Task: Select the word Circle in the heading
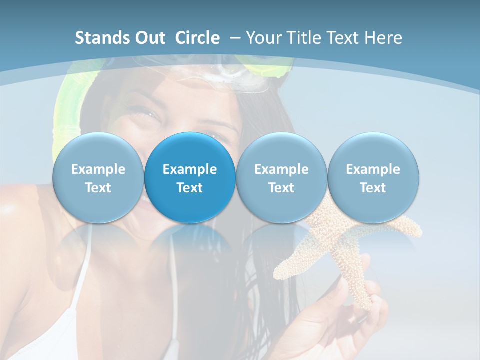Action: (197, 38)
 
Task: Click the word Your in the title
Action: (263, 38)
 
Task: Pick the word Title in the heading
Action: (303, 38)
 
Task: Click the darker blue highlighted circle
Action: (190, 178)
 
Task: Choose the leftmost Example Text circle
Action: (98, 178)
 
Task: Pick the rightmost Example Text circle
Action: (373, 178)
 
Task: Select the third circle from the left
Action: (281, 178)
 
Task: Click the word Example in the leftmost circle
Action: (98, 169)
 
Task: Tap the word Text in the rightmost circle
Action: (373, 188)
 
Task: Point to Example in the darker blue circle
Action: (190, 169)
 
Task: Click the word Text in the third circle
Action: (281, 188)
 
